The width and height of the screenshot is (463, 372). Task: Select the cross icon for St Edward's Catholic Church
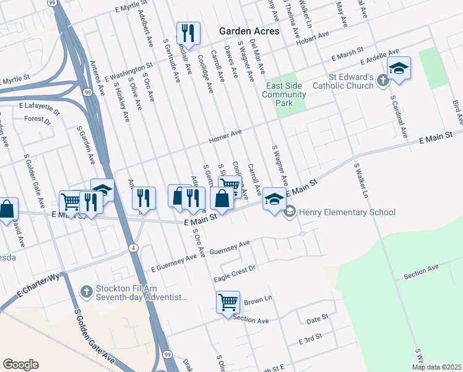pos(383,79)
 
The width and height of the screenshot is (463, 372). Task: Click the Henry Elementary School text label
pos(347,213)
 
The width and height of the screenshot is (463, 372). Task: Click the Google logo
pos(20,365)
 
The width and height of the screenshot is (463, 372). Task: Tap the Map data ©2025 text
pos(436,367)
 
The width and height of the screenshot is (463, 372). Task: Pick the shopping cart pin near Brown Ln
pos(228,303)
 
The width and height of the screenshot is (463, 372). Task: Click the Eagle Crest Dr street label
pos(235,272)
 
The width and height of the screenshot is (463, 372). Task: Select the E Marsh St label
pos(345,57)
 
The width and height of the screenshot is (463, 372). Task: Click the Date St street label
pos(317,319)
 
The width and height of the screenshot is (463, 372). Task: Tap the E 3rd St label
pos(311,340)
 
